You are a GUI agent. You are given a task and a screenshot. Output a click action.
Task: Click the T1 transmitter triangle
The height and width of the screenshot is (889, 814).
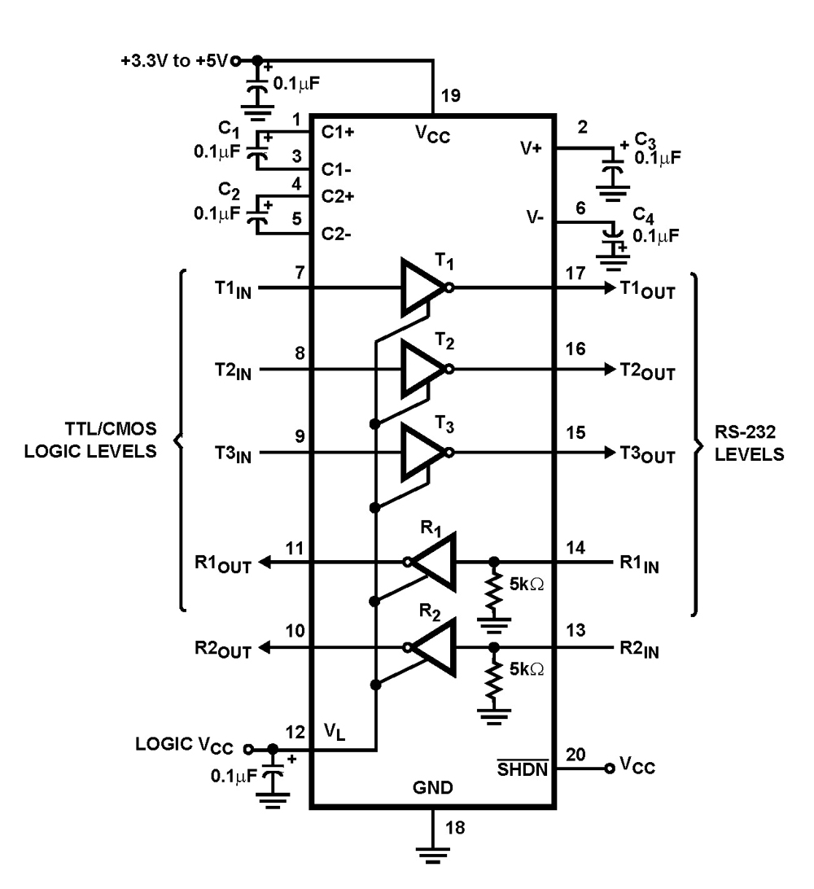point(423,287)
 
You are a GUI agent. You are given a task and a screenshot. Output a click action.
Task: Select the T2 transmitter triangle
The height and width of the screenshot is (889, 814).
point(423,369)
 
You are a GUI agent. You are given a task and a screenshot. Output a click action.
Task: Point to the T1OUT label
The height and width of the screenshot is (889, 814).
point(646,291)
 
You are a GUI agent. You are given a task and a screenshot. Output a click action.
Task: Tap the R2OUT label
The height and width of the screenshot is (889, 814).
point(222,650)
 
